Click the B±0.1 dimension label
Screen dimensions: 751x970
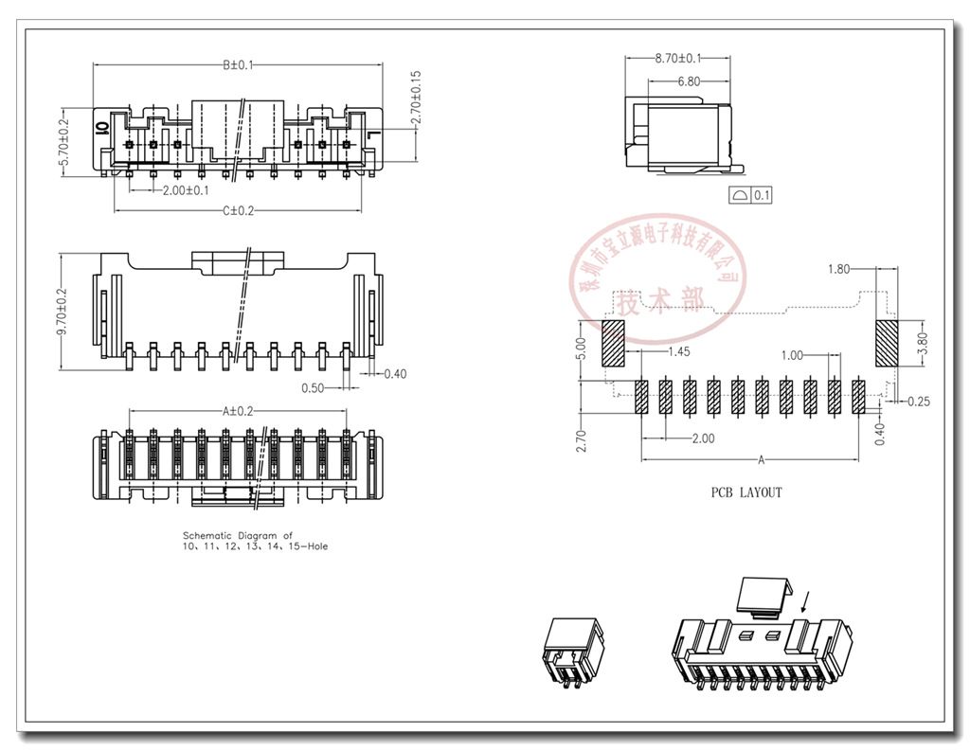pyautogui.click(x=238, y=65)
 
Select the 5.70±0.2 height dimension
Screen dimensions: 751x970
pyautogui.click(x=64, y=143)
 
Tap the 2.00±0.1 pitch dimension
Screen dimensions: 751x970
pyautogui.click(x=179, y=190)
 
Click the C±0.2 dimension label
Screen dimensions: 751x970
pyautogui.click(x=238, y=210)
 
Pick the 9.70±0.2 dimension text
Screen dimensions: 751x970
pyautogui.click(x=64, y=313)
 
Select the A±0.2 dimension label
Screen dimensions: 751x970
pyautogui.click(x=238, y=411)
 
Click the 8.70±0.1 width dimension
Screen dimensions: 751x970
pyautogui.click(x=677, y=59)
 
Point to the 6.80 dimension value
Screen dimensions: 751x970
pyautogui.click(x=689, y=81)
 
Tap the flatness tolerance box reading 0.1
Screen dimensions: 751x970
pyautogui.click(x=752, y=196)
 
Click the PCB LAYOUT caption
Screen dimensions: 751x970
pyautogui.click(x=746, y=492)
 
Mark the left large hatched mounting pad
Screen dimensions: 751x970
pyautogui.click(x=613, y=343)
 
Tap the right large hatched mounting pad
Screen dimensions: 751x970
pyautogui.click(x=887, y=342)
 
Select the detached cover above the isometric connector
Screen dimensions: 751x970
pyautogui.click(x=763, y=595)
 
